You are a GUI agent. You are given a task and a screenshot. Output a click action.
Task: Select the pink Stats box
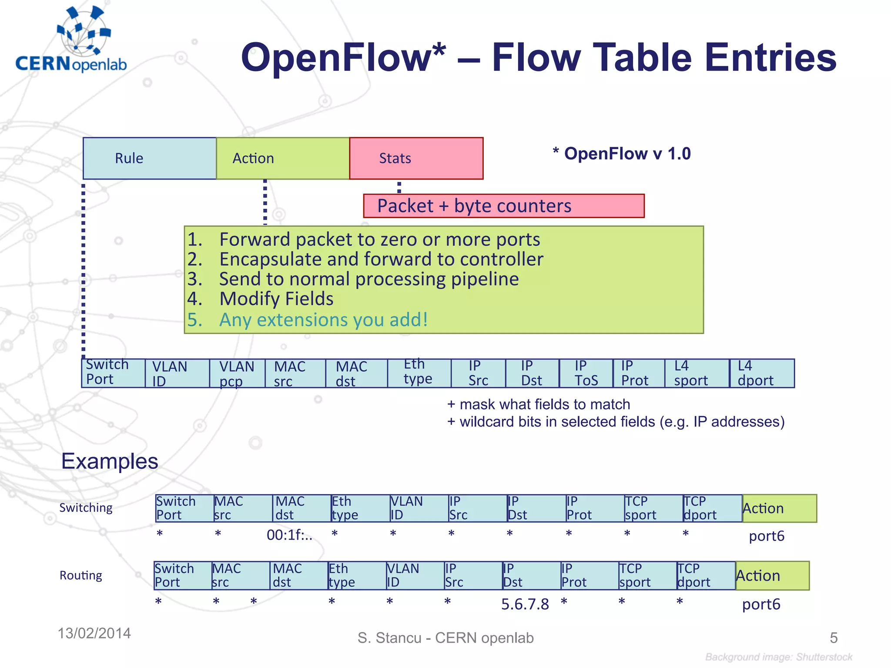[416, 158]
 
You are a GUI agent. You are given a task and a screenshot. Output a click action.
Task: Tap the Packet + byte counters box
[503, 206]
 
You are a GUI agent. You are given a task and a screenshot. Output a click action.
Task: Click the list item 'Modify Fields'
[276, 299]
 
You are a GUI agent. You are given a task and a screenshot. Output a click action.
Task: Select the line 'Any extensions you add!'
[323, 320]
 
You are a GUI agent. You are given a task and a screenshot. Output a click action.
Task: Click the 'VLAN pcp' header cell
[237, 373]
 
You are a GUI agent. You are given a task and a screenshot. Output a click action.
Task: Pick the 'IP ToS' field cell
[586, 373]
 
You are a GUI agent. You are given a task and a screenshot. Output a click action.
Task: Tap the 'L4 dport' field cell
[761, 373]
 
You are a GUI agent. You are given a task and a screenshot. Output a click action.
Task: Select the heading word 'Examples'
[110, 461]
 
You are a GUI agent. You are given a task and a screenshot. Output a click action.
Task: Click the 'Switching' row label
[86, 508]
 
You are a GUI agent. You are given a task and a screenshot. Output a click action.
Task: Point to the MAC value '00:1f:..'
[289, 535]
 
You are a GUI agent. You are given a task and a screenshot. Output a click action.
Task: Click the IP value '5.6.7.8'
[525, 604]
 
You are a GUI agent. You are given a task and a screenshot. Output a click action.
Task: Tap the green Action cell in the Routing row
[772, 575]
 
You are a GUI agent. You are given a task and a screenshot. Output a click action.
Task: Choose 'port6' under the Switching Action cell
[766, 536]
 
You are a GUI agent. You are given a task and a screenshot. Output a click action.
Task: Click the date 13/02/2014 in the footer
[94, 633]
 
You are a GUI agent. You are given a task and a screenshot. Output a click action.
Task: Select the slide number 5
[833, 638]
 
